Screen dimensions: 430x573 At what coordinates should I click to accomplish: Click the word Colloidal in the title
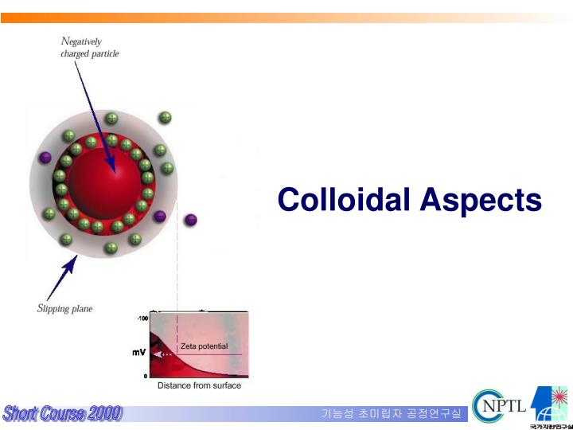344,199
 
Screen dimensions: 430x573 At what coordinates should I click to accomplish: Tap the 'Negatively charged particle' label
89,47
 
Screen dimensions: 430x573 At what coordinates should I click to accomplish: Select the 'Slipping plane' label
65,309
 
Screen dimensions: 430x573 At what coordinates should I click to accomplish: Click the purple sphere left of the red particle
45,157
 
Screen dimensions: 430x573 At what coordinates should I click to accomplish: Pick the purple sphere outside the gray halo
190,220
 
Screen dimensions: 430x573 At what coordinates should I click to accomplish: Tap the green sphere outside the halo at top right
165,118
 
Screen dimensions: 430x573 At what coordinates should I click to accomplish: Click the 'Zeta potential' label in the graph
203,346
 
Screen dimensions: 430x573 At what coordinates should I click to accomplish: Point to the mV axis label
138,354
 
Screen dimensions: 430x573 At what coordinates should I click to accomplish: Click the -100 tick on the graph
143,319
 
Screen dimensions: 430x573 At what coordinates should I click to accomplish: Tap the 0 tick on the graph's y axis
145,375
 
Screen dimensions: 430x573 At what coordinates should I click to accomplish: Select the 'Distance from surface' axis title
199,385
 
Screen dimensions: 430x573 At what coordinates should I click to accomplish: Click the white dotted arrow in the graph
163,354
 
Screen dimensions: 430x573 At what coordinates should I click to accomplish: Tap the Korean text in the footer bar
391,413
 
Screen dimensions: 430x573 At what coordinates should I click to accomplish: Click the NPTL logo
499,405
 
